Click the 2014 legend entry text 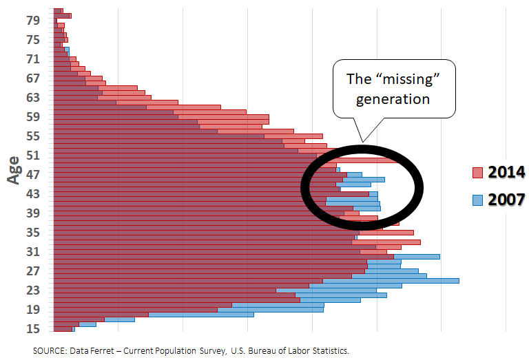coord(506,172)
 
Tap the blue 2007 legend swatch coord(478,200)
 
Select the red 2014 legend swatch coord(478,173)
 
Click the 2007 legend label coord(506,200)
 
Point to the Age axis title coord(14,170)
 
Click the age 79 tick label coord(33,21)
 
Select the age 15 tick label coord(33,328)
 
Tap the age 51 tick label coord(33,156)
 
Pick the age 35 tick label coord(33,233)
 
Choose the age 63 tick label coord(33,98)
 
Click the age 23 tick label coord(33,290)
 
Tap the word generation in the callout coord(393,100)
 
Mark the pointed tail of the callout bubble coord(363,142)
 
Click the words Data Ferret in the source coord(92,351)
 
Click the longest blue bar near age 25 coord(391,281)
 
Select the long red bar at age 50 coord(227,160)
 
